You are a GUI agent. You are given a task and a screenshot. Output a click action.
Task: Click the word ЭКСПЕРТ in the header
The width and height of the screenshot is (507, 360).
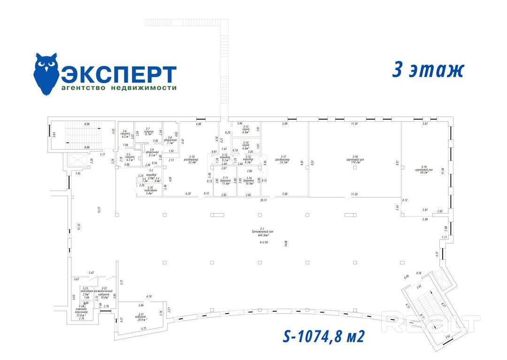pyautogui.click(x=119, y=74)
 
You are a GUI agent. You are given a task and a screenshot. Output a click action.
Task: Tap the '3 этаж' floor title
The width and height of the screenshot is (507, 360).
pyautogui.click(x=428, y=70)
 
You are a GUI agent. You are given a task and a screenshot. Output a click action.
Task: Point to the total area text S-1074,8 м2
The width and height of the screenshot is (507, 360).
pyautogui.click(x=324, y=336)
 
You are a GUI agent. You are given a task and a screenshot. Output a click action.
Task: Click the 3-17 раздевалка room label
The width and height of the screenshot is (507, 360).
pyautogui.click(x=283, y=159)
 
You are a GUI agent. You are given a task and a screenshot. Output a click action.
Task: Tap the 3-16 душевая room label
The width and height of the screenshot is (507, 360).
pyautogui.click(x=250, y=180)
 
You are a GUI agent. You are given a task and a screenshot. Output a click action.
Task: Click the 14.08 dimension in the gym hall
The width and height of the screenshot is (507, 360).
pyautogui.click(x=285, y=243)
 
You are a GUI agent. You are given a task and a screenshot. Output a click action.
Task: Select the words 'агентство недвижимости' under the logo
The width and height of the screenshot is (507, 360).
pyautogui.click(x=119, y=88)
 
